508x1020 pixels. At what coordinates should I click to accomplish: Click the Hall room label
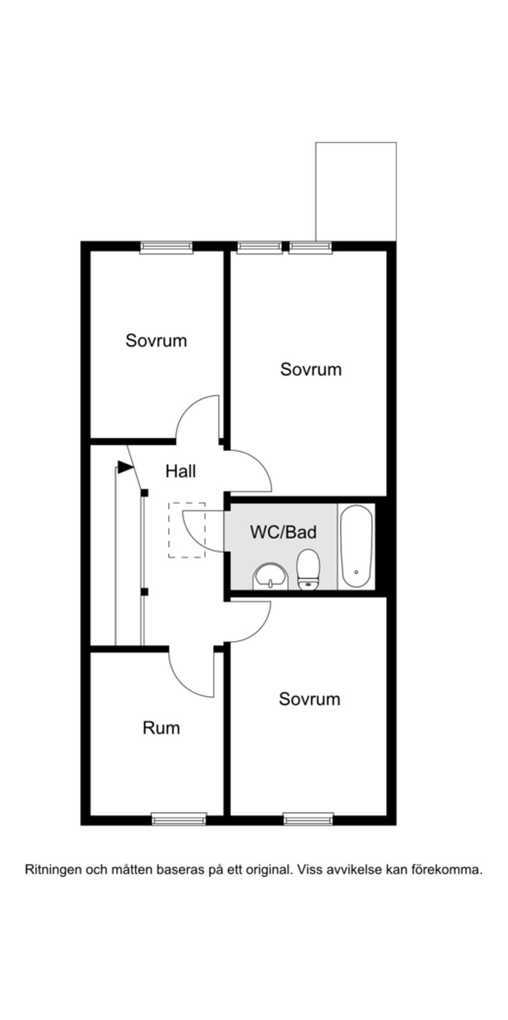coord(180,471)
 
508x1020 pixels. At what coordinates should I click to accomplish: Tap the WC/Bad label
coord(283,532)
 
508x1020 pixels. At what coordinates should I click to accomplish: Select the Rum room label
coord(161,728)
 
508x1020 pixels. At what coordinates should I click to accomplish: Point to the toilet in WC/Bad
coord(308,570)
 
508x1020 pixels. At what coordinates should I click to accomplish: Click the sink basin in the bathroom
coord(270,577)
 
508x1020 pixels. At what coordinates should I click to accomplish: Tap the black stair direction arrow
coord(126,467)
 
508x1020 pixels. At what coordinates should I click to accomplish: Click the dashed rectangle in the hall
coord(187,530)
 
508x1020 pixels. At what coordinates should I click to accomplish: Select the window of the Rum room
coord(179,819)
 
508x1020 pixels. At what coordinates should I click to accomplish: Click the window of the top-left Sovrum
coord(166,248)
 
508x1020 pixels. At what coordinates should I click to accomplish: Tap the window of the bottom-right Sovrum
coord(308,819)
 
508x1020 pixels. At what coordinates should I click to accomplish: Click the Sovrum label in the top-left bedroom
coord(156,341)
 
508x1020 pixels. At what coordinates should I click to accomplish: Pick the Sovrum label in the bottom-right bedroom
coord(309,699)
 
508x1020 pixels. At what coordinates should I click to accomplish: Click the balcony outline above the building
coord(356,191)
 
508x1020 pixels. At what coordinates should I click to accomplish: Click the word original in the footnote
coord(268,870)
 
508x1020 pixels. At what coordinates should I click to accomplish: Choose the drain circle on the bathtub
coord(357,572)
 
